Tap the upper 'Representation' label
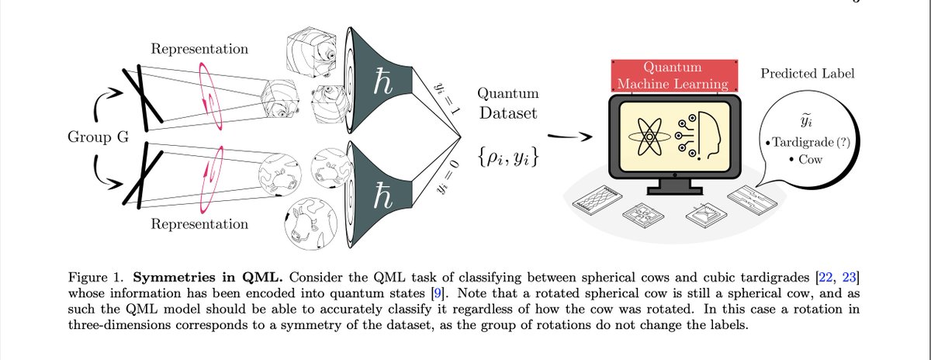point(199,50)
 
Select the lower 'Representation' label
point(199,224)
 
